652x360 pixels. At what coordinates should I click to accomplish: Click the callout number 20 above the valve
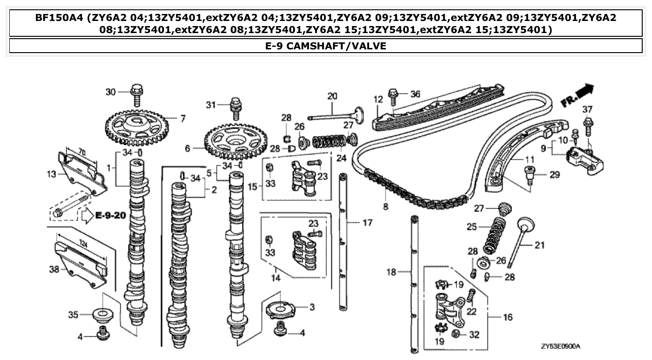(332, 96)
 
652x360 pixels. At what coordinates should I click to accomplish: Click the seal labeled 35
(104, 315)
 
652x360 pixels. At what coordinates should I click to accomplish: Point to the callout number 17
(367, 223)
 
